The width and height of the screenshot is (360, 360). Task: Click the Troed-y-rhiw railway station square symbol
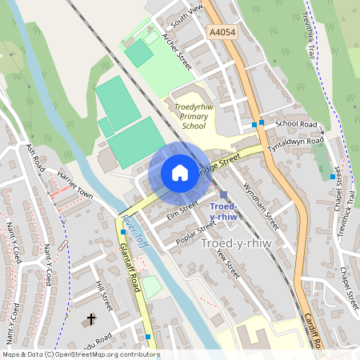point(223,195)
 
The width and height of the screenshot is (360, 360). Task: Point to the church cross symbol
point(90,319)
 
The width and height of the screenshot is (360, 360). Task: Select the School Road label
point(296,125)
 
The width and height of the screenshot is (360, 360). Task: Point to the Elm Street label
point(182,210)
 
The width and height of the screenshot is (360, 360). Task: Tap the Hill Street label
point(102,295)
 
